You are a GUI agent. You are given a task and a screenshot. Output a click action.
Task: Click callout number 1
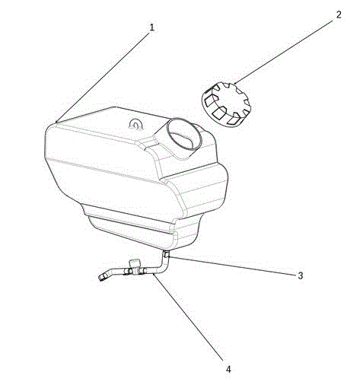pos(151,27)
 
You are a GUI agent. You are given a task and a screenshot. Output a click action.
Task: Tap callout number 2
pos(339,14)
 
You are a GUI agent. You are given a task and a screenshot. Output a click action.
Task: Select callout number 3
pos(301,275)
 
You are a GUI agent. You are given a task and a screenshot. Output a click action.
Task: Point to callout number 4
pos(228,369)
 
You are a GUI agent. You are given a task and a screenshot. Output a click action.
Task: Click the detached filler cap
pos(226,104)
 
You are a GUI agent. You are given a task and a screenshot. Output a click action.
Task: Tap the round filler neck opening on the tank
pos(184,134)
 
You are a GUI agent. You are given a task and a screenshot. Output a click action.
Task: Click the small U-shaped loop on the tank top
pos(136,124)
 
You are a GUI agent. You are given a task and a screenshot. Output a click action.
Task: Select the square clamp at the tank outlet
pos(167,253)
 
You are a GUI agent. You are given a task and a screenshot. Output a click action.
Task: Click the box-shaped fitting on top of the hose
pos(135,264)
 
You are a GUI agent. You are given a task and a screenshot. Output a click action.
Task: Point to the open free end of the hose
pos(102,278)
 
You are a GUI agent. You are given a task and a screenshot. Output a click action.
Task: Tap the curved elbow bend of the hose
pos(162,268)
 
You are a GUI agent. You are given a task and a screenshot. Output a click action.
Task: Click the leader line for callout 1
pos(102,78)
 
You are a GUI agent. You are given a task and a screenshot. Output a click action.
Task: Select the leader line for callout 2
pos(284,52)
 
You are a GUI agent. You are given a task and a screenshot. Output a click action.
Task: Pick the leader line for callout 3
pos(232,266)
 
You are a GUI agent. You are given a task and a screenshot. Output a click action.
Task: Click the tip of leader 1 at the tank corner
pos(56,123)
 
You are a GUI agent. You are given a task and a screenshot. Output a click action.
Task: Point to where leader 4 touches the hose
pos(154,274)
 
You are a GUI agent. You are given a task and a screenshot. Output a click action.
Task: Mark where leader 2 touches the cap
pos(234,83)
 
